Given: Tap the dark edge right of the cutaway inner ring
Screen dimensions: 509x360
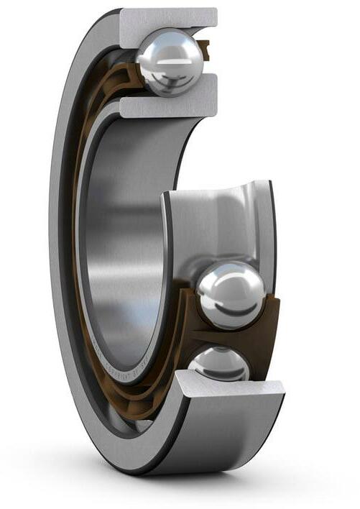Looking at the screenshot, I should tap(272, 237).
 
